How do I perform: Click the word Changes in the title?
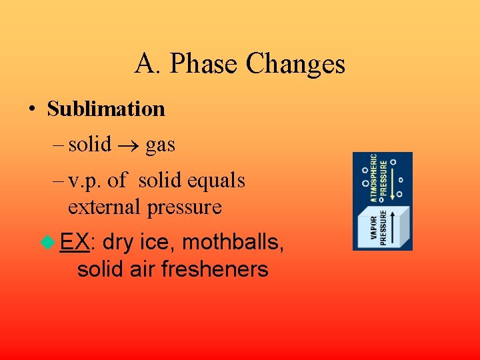(x=295, y=65)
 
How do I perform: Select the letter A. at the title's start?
(x=147, y=65)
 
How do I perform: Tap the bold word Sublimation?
(x=106, y=109)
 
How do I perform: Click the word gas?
(x=160, y=145)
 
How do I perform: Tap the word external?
(x=105, y=207)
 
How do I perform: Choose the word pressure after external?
(x=185, y=207)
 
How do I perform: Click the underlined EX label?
(x=74, y=243)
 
